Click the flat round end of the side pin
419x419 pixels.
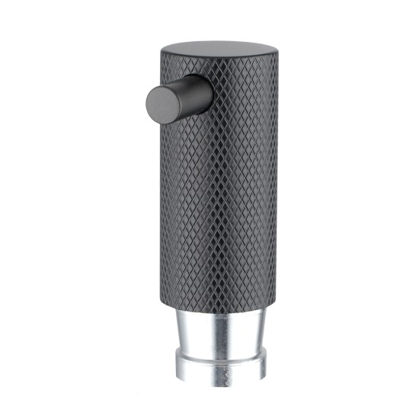[x=161, y=103]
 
